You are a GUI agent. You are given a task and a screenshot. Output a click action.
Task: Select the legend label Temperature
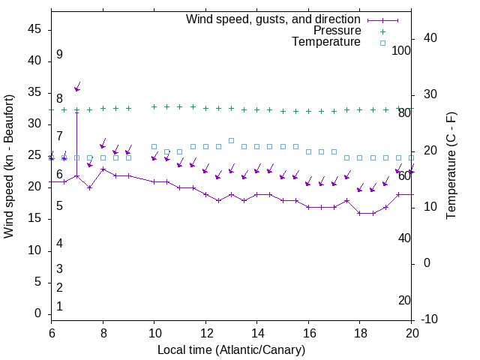tap(326, 43)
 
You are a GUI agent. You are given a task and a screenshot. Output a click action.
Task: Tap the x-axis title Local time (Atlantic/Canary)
tap(231, 349)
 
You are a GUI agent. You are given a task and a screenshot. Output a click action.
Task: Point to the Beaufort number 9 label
tap(59, 55)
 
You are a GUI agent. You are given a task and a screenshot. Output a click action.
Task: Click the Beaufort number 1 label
tap(59, 307)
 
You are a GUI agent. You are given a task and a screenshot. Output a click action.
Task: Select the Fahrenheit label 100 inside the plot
tap(401, 51)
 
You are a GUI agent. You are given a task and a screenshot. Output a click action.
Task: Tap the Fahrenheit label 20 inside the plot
tap(404, 301)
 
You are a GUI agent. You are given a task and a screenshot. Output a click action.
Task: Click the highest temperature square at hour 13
tap(231, 140)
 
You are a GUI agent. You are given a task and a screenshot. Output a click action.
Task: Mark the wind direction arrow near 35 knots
tap(77, 87)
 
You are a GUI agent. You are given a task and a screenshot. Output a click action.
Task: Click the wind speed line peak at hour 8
tap(103, 169)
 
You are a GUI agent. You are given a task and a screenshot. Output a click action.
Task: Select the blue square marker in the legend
tap(382, 43)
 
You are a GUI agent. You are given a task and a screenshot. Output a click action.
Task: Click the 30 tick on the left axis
tap(35, 124)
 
